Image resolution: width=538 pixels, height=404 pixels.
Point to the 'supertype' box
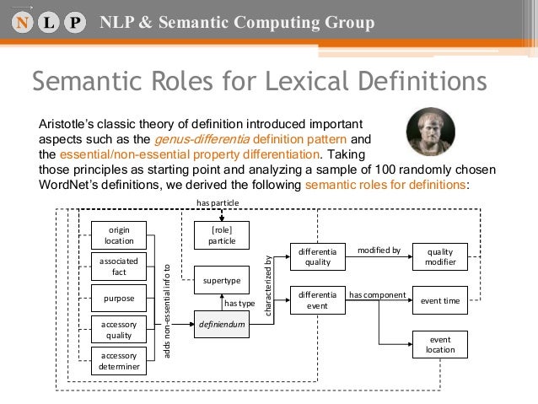click(x=222, y=279)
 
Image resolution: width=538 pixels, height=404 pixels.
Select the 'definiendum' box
click(x=222, y=323)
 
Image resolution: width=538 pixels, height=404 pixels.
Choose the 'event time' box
click(x=439, y=300)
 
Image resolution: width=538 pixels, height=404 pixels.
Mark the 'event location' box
click(x=439, y=344)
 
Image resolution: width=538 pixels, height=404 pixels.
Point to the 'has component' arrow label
click(x=378, y=294)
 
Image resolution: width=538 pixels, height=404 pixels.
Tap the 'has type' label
click(x=239, y=302)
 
